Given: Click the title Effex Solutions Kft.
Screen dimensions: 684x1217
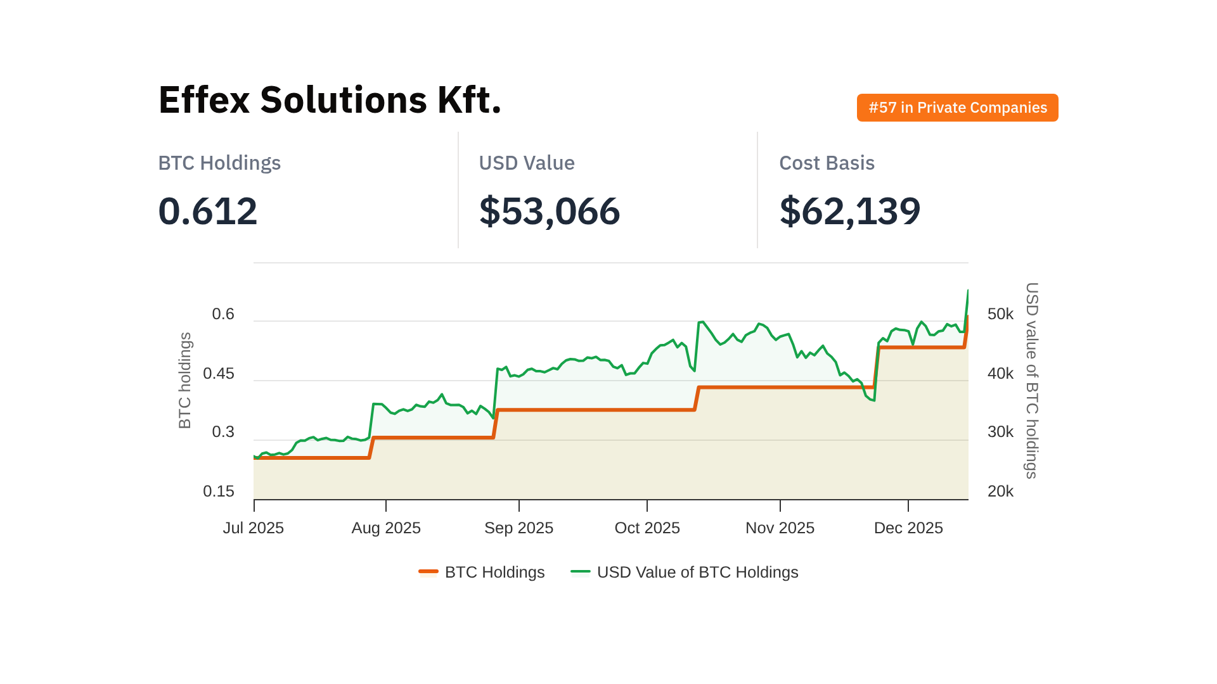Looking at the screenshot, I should tap(330, 100).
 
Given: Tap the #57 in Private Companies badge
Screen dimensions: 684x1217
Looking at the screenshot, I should tap(957, 108).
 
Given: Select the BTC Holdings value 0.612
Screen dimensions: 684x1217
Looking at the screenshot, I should tap(208, 211).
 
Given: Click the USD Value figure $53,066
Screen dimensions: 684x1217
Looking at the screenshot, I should tap(549, 211).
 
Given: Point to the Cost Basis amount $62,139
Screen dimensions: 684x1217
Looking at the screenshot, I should tap(849, 211).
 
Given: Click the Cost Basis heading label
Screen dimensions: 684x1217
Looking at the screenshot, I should tap(827, 163).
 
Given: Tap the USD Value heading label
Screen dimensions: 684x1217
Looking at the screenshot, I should tap(526, 163).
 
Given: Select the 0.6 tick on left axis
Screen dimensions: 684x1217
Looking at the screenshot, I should tap(223, 314).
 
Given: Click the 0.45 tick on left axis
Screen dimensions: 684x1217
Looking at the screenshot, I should tap(219, 374).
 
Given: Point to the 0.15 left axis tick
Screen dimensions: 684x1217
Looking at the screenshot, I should tap(219, 491).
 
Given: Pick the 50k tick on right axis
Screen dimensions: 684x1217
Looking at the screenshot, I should tap(1000, 314).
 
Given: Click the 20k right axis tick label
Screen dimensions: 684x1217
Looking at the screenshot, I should tap(1000, 491).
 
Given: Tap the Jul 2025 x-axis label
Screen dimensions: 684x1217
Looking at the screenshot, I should tap(254, 528).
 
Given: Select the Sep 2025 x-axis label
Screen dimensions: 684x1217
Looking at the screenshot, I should tap(518, 528).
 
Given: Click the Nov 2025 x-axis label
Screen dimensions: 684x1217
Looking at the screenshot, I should tap(780, 528).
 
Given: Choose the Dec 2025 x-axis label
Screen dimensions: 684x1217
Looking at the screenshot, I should tap(908, 528).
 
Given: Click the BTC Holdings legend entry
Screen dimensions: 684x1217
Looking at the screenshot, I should tap(482, 573).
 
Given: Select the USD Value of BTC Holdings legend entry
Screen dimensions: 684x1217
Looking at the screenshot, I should tap(685, 573).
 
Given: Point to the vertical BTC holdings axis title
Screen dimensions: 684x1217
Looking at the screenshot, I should tap(185, 381).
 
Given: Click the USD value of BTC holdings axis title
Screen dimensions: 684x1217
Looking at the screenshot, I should tap(1031, 381).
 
